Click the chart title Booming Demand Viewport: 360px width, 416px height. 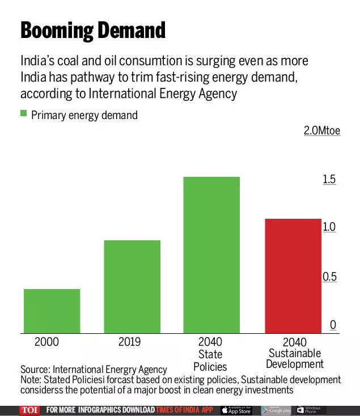click(x=93, y=30)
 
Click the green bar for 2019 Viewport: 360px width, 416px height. click(x=132, y=286)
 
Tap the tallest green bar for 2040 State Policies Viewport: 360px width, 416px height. click(x=211, y=255)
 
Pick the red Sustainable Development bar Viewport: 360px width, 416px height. click(x=293, y=276)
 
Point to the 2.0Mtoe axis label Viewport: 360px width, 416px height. click(x=321, y=131)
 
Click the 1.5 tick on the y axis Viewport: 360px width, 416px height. click(x=329, y=180)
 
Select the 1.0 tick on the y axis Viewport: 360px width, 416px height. click(x=329, y=227)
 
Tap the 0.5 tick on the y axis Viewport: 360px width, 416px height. click(x=329, y=277)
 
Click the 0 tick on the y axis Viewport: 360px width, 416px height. click(x=333, y=325)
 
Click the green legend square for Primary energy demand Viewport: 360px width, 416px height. click(x=24, y=114)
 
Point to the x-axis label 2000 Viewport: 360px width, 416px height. click(x=46, y=342)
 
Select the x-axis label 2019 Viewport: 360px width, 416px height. click(x=130, y=342)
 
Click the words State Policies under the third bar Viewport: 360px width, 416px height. click(x=210, y=360)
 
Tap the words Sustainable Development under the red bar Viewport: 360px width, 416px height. click(x=295, y=359)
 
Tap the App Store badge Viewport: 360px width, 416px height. click(x=236, y=410)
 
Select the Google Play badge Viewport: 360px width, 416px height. click(x=276, y=410)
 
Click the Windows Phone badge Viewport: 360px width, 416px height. click(x=311, y=410)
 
